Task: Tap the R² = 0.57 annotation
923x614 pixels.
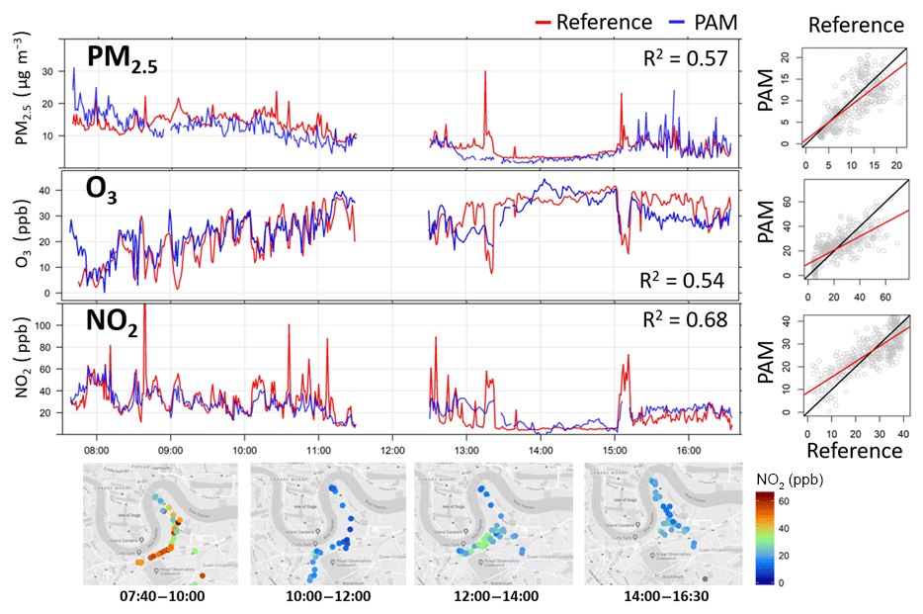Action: click(x=685, y=59)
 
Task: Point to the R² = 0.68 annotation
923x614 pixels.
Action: click(x=684, y=320)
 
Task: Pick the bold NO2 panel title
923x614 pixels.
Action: click(x=112, y=323)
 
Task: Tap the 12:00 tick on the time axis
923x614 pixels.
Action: click(x=392, y=445)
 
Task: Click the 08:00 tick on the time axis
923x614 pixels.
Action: click(x=97, y=445)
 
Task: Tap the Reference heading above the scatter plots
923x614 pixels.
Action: click(x=855, y=25)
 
